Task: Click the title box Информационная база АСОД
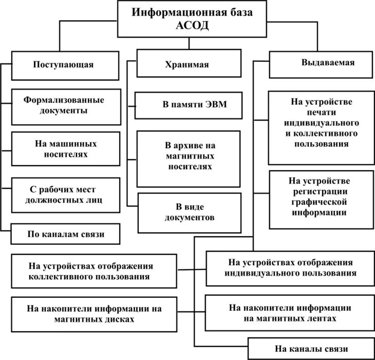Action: [193, 19]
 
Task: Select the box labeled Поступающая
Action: [64, 65]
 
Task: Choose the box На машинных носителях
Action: [66, 149]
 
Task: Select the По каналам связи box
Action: [66, 234]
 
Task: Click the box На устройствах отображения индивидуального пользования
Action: [290, 268]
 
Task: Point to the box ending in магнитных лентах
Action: [290, 313]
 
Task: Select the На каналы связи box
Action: [311, 349]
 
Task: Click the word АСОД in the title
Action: [193, 26]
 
